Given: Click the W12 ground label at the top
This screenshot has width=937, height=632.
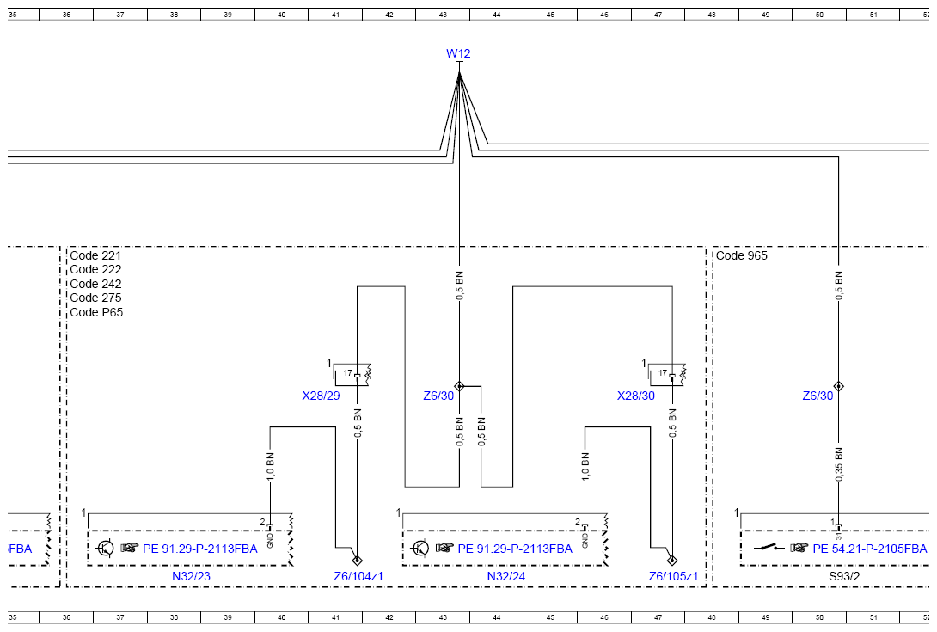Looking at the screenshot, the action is pos(458,53).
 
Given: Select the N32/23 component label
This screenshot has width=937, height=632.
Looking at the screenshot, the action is pos(191,576).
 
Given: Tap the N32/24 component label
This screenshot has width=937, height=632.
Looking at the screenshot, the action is pos(506,576).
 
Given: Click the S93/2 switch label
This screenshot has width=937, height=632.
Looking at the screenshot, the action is pos(844,576).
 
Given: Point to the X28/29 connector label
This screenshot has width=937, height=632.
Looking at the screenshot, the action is pos(321,396).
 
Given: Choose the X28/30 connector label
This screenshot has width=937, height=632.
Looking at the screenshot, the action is pos(636,396).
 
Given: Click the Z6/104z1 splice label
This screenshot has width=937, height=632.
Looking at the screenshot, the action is pos(358,576).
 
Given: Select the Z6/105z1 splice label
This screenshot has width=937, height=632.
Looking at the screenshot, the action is pos(673,576).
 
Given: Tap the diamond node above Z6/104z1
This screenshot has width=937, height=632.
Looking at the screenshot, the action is pos(358,561).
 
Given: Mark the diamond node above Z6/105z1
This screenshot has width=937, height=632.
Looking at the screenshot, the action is pos(672,561).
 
